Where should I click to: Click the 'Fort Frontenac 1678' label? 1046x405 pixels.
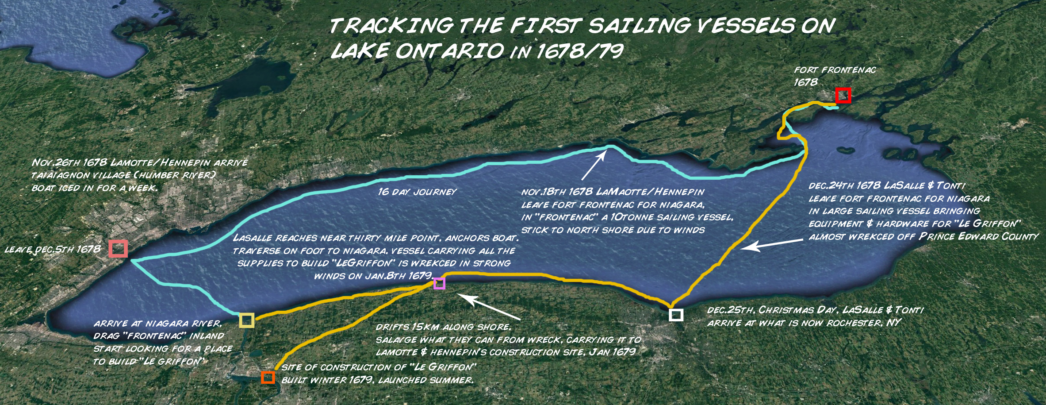click(834, 76)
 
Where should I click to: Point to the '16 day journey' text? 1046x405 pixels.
click(417, 192)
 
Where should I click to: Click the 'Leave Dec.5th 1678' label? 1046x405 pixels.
click(53, 249)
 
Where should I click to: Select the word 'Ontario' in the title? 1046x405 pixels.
click(449, 51)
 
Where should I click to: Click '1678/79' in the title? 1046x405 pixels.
click(580, 51)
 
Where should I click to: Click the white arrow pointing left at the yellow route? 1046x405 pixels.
click(771, 244)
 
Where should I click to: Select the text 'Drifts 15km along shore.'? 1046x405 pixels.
click(443, 328)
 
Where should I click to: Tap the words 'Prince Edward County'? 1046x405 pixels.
click(978, 237)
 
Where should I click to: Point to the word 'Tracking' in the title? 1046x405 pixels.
click(391, 26)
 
